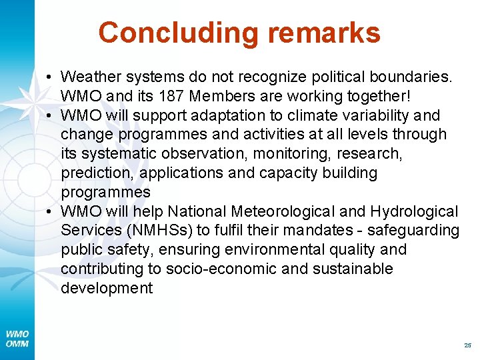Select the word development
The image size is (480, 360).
click(107, 289)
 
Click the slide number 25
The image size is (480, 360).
click(467, 345)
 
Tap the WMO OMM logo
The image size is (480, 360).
click(17, 339)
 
